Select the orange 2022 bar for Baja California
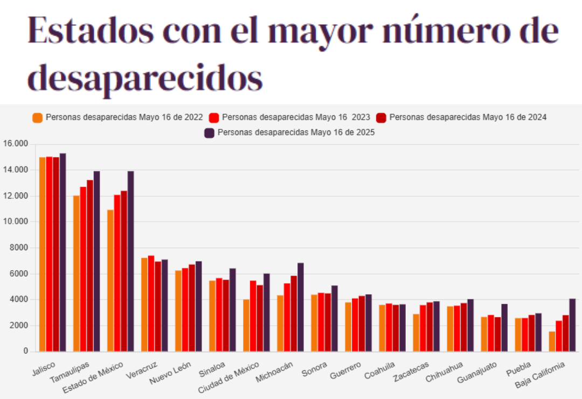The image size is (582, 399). [552, 341]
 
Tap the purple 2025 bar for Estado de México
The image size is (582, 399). [130, 262]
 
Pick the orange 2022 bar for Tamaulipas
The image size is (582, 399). [77, 273]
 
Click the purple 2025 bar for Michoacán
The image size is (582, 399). [301, 307]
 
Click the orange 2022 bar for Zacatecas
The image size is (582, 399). [416, 333]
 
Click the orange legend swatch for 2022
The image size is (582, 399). [38, 118]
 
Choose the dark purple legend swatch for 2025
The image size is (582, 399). [210, 133]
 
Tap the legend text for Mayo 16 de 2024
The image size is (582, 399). [468, 118]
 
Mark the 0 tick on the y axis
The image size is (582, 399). [25, 352]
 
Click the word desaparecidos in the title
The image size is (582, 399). [145, 79]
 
